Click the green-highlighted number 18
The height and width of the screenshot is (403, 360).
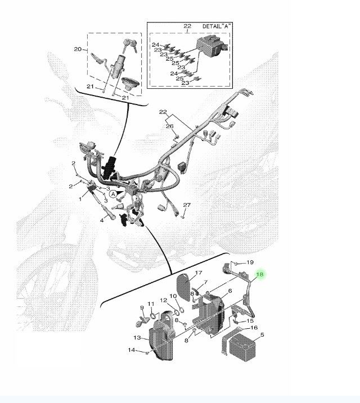click(260, 274)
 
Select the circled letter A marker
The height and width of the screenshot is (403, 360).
click(113, 193)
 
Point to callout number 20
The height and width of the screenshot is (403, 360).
click(78, 49)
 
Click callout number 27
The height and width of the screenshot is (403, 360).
click(187, 205)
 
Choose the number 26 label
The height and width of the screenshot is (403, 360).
click(170, 126)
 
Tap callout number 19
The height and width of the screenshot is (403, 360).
click(250, 262)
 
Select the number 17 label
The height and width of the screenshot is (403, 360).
click(198, 274)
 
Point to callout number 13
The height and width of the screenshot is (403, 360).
click(138, 338)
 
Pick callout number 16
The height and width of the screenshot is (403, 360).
click(254, 328)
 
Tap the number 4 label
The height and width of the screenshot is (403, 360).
click(102, 220)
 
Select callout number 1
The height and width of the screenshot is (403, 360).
click(80, 199)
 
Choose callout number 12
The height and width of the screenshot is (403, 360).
click(163, 300)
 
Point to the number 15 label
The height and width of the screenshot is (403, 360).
click(250, 321)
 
